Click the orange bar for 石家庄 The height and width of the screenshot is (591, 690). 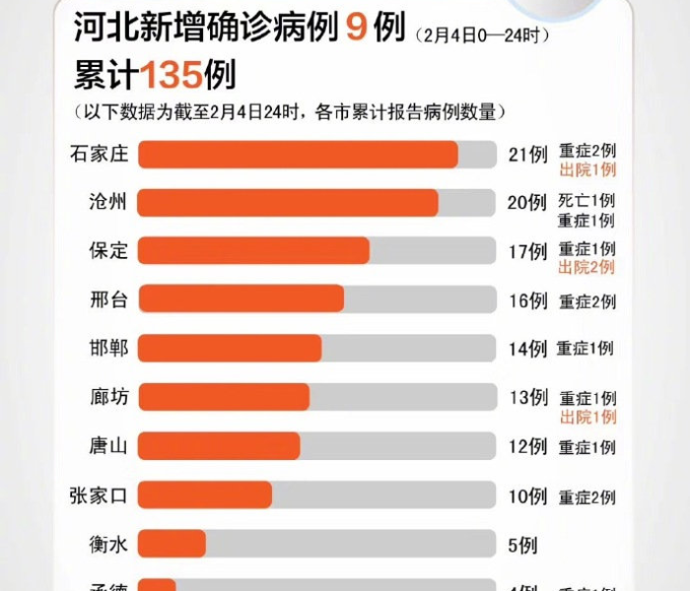coord(298,155)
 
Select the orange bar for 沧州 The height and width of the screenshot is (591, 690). coord(288,203)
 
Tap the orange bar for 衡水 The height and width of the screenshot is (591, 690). coord(172,543)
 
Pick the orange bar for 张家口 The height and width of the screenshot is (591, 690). coord(205,494)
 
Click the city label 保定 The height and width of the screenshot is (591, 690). coord(108,250)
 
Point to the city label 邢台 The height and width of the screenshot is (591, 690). coord(108,299)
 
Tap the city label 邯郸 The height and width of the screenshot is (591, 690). coord(108,348)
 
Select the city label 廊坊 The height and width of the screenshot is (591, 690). coord(108,397)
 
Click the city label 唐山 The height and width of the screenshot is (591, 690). coord(108,446)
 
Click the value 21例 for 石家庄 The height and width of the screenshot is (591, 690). coord(527,155)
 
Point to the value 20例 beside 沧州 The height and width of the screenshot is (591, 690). coord(527,203)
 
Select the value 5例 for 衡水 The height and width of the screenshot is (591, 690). coord(521,543)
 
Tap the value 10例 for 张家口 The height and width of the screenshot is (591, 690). coord(527,495)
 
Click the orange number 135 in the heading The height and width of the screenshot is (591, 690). coord(172,75)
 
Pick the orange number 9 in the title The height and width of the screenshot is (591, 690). coord(356,29)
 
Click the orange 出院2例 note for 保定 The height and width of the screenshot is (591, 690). coord(586,268)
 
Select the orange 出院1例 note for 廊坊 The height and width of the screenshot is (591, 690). coord(587,418)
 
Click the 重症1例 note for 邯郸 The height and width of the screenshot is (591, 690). coord(585,348)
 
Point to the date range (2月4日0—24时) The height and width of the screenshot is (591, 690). coord(481,35)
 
